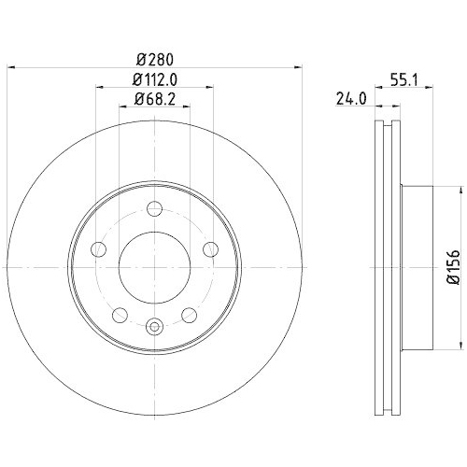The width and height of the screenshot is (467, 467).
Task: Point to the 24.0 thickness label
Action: click(348, 98)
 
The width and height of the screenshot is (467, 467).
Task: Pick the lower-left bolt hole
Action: click(121, 313)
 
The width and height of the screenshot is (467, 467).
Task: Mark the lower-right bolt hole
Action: click(189, 313)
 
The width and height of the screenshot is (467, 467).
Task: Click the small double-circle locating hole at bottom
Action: click(155, 326)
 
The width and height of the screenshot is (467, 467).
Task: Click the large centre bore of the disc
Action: click(155, 265)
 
